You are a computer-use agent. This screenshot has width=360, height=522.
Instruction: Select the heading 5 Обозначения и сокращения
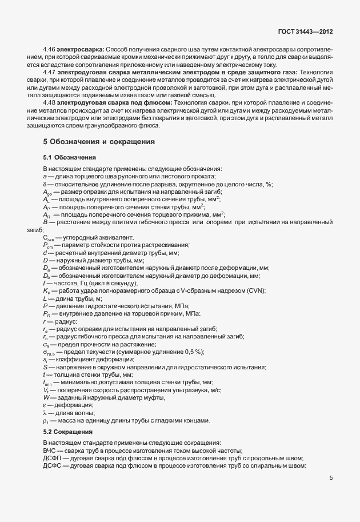click(98, 141)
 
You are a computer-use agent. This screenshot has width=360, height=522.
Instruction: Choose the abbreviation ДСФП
click(52, 458)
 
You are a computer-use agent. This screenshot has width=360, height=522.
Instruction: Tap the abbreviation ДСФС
click(52, 466)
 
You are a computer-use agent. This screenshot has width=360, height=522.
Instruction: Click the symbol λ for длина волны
click(45, 413)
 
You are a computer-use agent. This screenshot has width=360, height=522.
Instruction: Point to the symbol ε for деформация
click(45, 405)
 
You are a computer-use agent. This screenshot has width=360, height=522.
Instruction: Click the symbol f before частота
click(44, 284)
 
